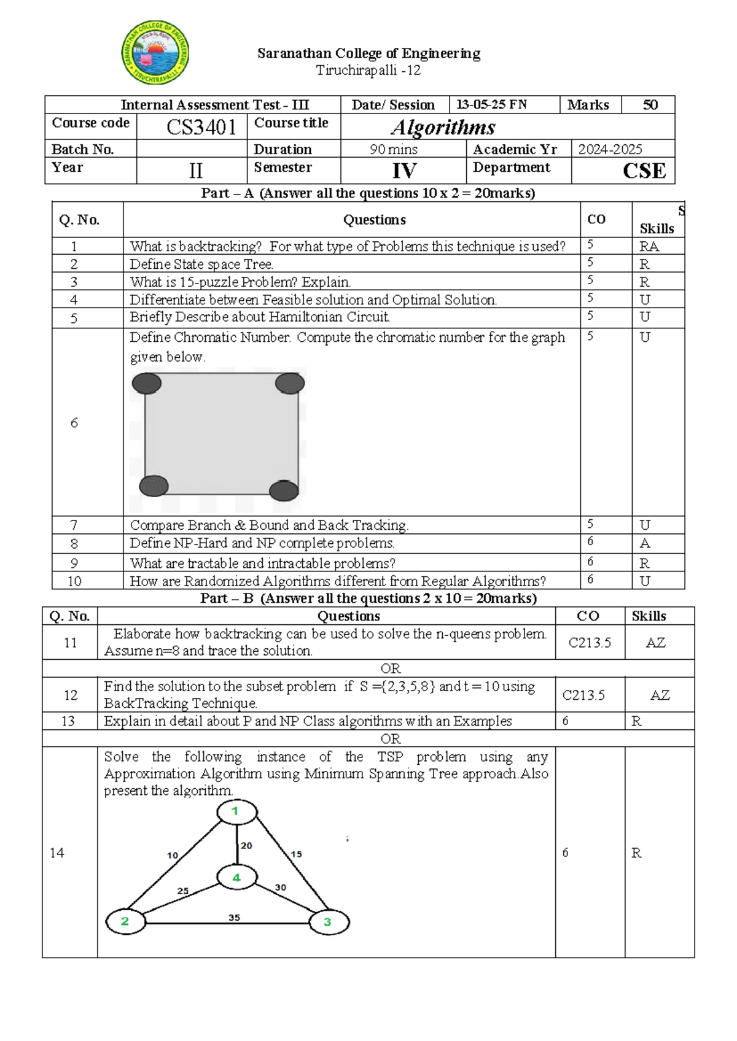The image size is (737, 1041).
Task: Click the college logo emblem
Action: (x=155, y=53)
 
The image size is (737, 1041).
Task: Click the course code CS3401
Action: (x=201, y=127)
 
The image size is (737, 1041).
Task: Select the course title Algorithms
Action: (x=443, y=127)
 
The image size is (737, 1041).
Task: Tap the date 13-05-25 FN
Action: (x=491, y=105)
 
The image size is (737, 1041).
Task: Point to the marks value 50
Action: (x=650, y=105)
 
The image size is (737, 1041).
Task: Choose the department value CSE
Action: (x=644, y=171)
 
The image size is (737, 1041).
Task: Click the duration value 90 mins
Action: (x=394, y=149)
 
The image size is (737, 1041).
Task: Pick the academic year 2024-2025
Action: (x=610, y=149)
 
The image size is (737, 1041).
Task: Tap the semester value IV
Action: (x=404, y=171)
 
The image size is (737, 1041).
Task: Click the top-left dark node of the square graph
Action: (x=146, y=384)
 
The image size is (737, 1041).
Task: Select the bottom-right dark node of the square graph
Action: (x=284, y=490)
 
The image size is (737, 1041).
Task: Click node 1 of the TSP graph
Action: (x=236, y=811)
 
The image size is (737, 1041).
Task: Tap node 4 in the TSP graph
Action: (x=236, y=878)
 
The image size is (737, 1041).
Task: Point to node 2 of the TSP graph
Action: (x=125, y=921)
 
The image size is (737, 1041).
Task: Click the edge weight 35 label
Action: (x=234, y=918)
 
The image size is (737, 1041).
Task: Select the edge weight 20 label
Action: (x=246, y=845)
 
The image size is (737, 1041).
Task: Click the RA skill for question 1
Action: (x=649, y=247)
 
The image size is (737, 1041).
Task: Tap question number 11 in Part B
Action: (x=70, y=643)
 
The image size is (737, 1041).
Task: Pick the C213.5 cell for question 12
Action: (x=583, y=695)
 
